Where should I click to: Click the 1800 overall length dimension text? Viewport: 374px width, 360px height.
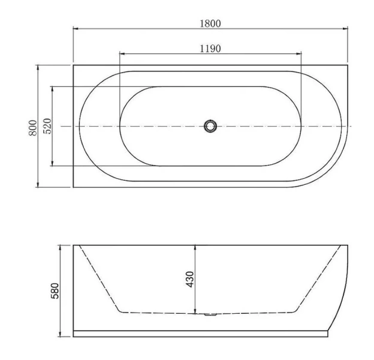(210, 23)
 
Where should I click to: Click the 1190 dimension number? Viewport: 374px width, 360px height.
(210, 48)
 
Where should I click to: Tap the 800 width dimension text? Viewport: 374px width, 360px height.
(34, 127)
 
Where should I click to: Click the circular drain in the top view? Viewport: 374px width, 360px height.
(210, 126)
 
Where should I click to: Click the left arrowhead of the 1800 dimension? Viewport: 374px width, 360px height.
(75, 28)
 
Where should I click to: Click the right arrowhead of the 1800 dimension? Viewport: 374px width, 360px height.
(346, 28)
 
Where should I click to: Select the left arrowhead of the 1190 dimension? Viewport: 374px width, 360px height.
(122, 53)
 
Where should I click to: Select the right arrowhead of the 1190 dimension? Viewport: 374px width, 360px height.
(300, 53)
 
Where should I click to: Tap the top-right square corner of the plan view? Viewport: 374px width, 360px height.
(348, 65)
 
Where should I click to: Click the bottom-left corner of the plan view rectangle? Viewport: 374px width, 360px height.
(73, 187)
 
